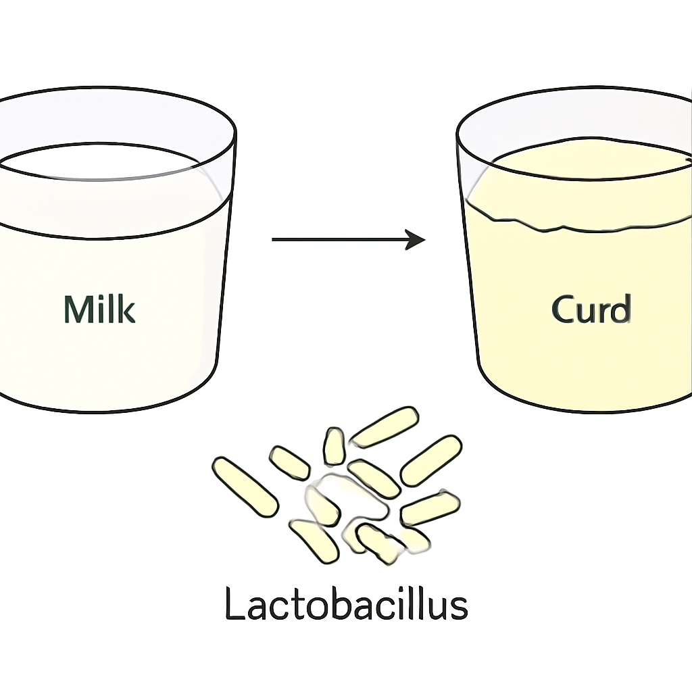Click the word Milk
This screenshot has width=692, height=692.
(99, 309)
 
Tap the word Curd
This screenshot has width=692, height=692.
(591, 309)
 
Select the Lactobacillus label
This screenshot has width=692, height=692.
(347, 603)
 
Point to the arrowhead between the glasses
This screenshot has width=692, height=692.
(416, 240)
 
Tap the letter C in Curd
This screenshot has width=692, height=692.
(564, 310)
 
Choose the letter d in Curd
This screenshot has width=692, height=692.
(621, 309)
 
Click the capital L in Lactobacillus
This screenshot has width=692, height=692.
(234, 603)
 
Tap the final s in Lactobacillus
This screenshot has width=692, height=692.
(459, 608)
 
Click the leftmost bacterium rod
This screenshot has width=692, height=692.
(245, 487)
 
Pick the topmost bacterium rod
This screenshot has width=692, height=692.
(385, 427)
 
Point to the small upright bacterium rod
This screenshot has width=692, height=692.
(334, 446)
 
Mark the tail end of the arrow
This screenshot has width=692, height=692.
(272, 240)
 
